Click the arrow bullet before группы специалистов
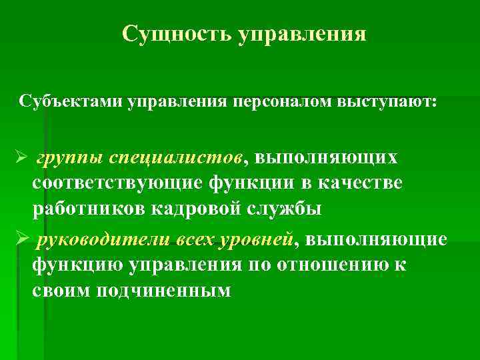click(x=19, y=158)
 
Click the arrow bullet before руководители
click(x=19, y=239)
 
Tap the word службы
click(x=291, y=208)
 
